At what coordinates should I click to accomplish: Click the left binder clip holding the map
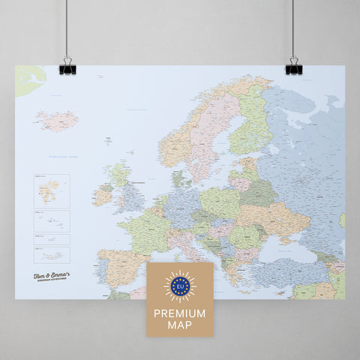pos(67,66)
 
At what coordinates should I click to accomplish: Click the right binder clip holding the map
pos(292,66)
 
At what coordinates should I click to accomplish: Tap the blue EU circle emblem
pos(179,286)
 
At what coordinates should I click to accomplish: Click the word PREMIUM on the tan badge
pos(179,309)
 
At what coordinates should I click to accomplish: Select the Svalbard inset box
pos(51,190)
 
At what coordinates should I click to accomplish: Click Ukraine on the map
pos(281,217)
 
